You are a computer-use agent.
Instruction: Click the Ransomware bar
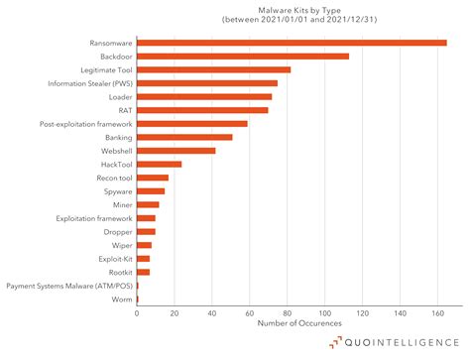click(x=292, y=44)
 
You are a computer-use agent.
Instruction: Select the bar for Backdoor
click(x=243, y=57)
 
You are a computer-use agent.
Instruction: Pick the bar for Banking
click(x=184, y=137)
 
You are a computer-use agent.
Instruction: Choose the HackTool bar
click(x=159, y=164)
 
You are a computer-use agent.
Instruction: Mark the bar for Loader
click(x=204, y=97)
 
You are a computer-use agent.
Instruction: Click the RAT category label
click(x=124, y=110)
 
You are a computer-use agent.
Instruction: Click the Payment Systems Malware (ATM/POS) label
click(x=68, y=285)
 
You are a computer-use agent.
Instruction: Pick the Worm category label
click(x=121, y=299)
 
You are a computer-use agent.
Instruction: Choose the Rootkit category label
click(x=118, y=272)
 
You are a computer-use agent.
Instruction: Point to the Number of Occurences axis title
click(x=298, y=323)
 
